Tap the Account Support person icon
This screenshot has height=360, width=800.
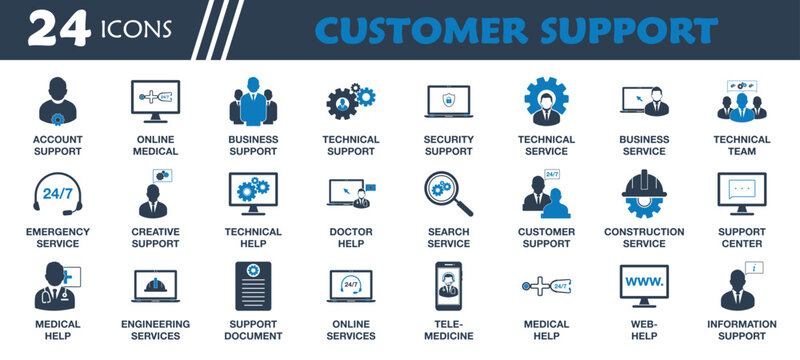(57, 101)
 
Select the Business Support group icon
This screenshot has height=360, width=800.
(252, 101)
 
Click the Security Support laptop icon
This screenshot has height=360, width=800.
(448, 102)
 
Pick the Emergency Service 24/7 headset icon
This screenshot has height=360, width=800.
(57, 194)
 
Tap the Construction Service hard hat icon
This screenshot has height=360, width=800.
(643, 194)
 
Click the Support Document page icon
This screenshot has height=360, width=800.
(252, 286)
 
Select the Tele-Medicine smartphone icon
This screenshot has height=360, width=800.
(448, 286)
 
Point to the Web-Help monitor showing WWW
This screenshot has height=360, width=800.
(643, 284)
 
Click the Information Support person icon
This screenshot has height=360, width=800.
(741, 286)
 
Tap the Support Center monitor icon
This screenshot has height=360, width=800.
(741, 192)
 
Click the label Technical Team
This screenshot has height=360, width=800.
(741, 145)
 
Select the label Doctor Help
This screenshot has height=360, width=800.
(350, 237)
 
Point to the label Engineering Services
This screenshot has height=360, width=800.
(155, 330)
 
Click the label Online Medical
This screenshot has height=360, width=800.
(155, 145)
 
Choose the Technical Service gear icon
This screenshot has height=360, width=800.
(546, 101)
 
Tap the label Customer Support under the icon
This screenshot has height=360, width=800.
(546, 237)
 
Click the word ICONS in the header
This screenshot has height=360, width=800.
(134, 31)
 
